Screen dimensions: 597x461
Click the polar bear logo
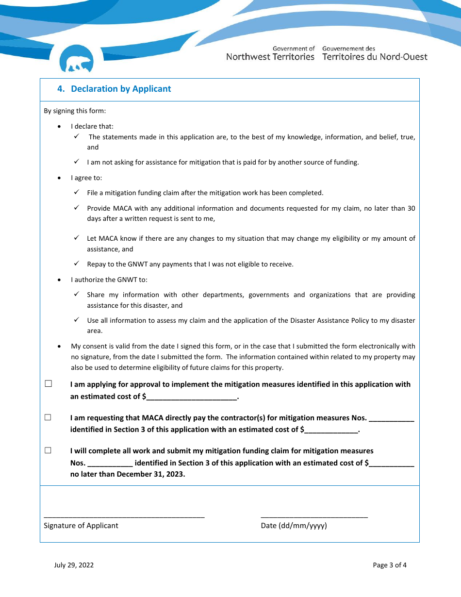click(76, 60)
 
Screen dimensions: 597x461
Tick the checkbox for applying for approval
click(49, 384)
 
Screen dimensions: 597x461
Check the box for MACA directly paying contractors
click(49, 417)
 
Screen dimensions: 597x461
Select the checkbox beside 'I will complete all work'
click(49, 450)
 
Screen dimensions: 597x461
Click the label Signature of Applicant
click(81, 526)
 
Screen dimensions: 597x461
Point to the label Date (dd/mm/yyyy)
click(294, 526)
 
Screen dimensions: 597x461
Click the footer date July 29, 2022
click(74, 565)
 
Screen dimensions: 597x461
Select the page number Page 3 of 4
click(390, 565)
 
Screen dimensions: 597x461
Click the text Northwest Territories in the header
click(270, 57)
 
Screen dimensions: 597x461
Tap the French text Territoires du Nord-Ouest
click(375, 57)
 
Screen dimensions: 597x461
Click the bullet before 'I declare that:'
click(59, 127)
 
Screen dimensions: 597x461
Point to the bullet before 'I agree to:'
click(59, 178)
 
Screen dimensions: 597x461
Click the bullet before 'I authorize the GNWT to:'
click(59, 280)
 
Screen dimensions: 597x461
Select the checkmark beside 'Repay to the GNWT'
click(77, 264)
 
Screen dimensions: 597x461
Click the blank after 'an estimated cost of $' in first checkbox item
click(192, 397)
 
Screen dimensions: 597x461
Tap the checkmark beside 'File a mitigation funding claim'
click(77, 192)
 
